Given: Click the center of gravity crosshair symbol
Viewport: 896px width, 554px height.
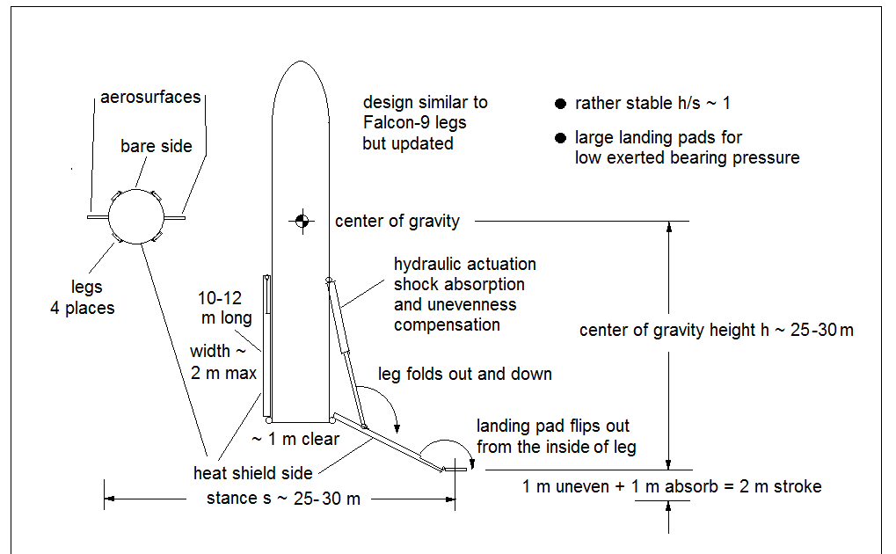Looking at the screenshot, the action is pos(301,221).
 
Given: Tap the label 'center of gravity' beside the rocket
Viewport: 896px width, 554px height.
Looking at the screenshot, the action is pos(397,221).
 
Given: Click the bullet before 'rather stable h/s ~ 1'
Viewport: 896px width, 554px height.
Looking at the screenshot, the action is pos(561,104).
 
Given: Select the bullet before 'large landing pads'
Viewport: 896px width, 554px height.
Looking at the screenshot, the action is pos(561,138).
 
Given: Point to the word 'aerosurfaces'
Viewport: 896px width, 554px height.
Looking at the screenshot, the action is pos(149,97).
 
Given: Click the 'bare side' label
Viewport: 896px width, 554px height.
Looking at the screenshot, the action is pos(156,147).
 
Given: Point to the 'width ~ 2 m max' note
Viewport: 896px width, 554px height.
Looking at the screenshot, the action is pos(223,362).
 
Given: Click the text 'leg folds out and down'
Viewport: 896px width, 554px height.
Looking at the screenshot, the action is pos(464,374).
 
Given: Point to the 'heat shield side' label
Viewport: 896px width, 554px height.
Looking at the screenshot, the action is pos(252,474).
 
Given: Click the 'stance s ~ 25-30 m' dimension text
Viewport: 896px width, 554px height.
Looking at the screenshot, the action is pos(283,499).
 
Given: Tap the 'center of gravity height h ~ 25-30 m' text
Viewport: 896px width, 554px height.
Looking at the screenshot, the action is pos(716,331).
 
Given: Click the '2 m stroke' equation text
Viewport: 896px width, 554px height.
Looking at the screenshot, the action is pos(672,486).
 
